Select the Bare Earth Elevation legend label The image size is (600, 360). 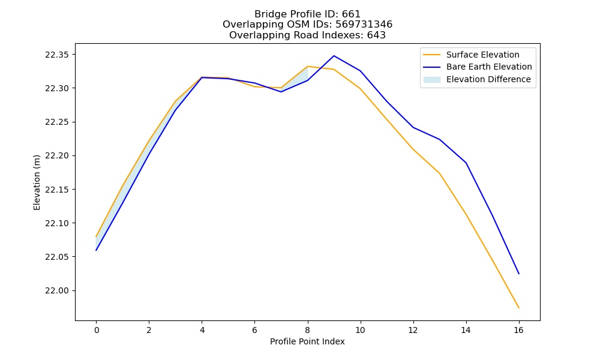tap(489, 67)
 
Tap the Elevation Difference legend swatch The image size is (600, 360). tap(431, 80)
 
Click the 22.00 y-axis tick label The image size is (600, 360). tap(57, 291)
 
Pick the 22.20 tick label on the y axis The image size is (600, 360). tap(57, 156)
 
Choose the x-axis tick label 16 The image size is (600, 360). tap(518, 330)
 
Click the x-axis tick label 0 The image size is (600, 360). tap(97, 330)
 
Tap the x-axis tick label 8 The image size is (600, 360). tap(308, 330)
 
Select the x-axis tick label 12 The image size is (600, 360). tap(413, 330)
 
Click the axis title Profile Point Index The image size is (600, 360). tap(307, 341)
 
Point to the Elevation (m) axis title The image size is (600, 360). tap(37, 182)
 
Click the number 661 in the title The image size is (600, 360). tap(351, 14)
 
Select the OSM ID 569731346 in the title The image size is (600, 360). tap(364, 25)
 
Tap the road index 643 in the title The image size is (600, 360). tap(376, 35)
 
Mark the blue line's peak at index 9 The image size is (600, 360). tap(334, 56)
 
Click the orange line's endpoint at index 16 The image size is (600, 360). tap(519, 308)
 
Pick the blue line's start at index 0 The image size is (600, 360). tap(96, 251)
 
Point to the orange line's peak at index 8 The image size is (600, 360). tap(308, 67)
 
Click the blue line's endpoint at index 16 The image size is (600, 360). tap(519, 274)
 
